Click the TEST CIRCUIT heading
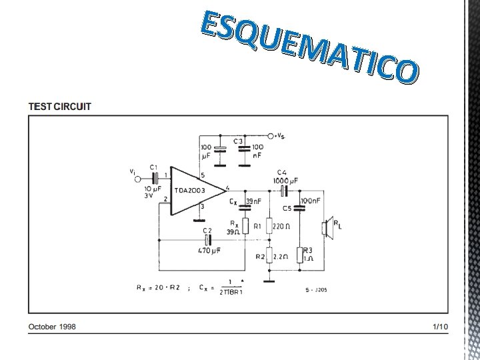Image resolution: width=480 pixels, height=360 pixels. (60, 106)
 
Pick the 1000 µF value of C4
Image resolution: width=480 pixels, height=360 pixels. (285, 180)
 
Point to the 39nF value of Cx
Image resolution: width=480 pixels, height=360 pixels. (253, 201)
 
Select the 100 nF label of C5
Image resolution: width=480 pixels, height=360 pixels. (310, 200)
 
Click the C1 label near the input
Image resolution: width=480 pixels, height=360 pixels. (153, 167)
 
